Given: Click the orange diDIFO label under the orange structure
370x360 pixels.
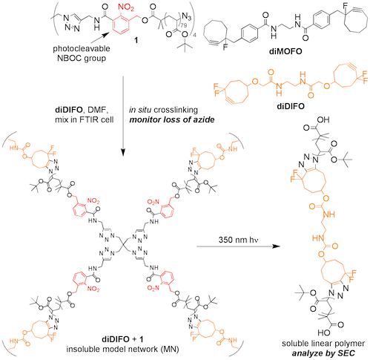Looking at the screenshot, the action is coord(291,106).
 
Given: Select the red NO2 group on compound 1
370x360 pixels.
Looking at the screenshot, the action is coord(127,7).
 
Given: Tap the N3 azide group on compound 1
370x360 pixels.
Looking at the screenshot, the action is coord(187,16).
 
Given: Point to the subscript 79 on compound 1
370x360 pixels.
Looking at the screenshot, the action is coord(184,25).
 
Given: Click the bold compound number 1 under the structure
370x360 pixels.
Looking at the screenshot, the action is coord(136,40).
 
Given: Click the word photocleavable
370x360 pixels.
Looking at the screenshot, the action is coord(82,48).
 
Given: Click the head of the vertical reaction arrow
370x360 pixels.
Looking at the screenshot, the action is coord(123,152).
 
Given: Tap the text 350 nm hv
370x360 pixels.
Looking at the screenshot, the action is coord(238,240).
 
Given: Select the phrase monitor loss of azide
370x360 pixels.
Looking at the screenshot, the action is coord(172,120).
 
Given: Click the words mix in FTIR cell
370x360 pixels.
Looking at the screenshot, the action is coord(85,120).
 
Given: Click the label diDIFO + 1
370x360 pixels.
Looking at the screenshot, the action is coord(122,338).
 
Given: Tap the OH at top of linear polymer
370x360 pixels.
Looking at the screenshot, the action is coord(323,120).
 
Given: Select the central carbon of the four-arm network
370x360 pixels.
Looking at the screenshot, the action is coord(123,246).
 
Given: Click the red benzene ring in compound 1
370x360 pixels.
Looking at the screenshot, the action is coord(122,24).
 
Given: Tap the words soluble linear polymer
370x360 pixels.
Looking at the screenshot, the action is coord(323,344).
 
